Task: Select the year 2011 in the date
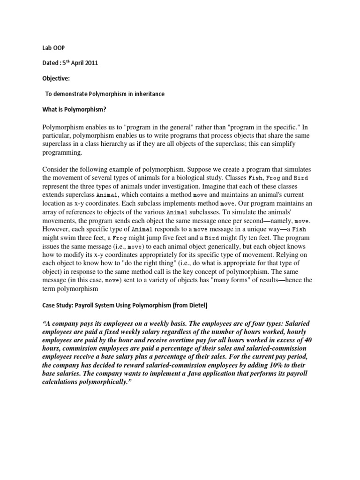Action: click(90, 63)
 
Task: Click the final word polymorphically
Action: click(102, 386)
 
